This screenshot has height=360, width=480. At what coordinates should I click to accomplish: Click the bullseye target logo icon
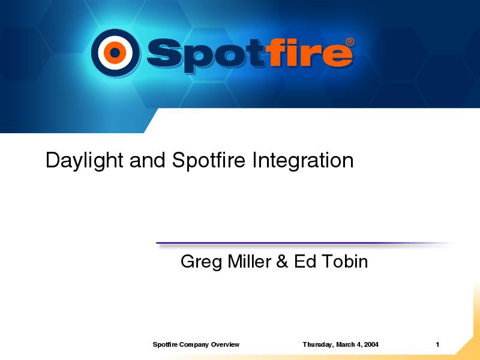click(x=115, y=53)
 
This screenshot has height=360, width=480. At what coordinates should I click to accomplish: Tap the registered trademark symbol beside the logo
click(x=350, y=42)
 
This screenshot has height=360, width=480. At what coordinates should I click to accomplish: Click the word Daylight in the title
click(x=85, y=160)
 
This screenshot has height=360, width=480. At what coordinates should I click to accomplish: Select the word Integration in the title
click(x=303, y=160)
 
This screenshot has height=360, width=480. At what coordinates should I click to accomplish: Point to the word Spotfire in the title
click(x=208, y=160)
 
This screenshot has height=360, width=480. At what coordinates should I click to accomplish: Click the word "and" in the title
click(x=148, y=160)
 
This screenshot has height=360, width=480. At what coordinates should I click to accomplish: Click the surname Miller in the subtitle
click(x=249, y=262)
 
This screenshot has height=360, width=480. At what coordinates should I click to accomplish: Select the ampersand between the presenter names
click(x=282, y=262)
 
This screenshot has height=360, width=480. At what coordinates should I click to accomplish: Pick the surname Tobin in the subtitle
click(x=345, y=262)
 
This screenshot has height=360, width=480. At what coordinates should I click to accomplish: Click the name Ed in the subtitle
click(x=305, y=262)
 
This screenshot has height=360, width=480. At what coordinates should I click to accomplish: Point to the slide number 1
click(x=437, y=344)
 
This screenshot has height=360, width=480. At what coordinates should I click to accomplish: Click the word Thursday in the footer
click(x=318, y=344)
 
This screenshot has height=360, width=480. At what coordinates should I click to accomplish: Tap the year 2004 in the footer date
click(x=371, y=344)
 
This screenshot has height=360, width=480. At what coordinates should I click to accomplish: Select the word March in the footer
click(x=345, y=344)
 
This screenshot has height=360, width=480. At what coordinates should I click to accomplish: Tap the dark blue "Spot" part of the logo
click(x=205, y=56)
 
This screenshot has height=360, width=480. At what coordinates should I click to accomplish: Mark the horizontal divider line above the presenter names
click(x=304, y=244)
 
